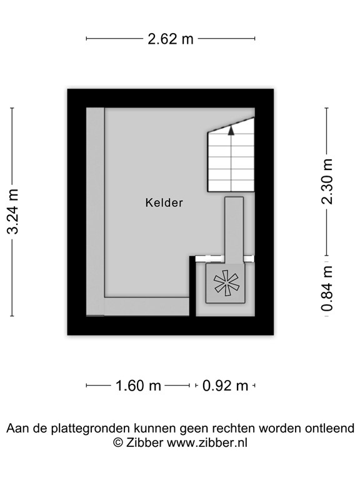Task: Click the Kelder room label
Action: tap(164, 202)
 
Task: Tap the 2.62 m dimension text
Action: tap(171, 39)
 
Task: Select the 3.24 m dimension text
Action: tap(12, 211)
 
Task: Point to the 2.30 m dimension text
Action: tap(327, 181)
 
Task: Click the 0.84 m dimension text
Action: tap(327, 288)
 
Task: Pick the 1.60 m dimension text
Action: tap(138, 386)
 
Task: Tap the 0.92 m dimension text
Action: tap(226, 386)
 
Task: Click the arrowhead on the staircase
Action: tap(231, 130)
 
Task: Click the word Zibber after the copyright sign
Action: tap(146, 442)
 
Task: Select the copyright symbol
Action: tap(118, 442)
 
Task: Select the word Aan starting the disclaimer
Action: tap(17, 429)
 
